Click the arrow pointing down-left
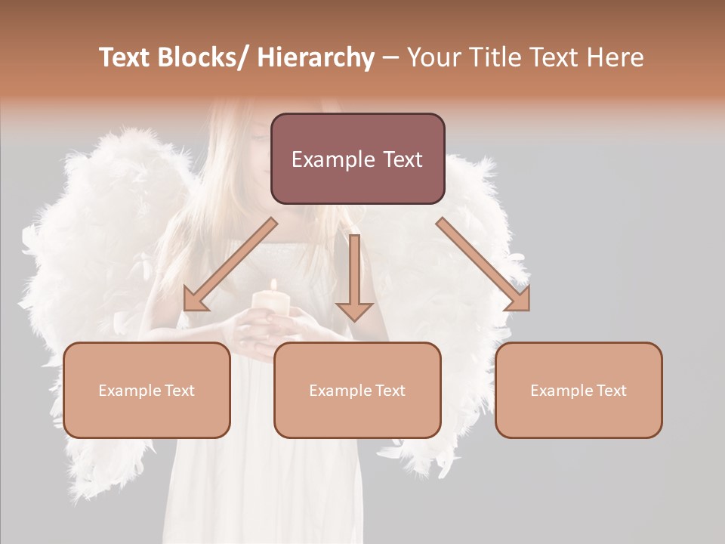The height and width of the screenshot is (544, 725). click(231, 264)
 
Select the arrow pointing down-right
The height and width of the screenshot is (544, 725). click(483, 264)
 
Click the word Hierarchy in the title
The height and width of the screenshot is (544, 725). click(316, 58)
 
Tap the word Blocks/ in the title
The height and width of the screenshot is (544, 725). click(206, 58)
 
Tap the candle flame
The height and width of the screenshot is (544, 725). click(273, 285)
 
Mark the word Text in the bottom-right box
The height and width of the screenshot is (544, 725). click(610, 391)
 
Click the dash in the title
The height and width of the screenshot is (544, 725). click(391, 58)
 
